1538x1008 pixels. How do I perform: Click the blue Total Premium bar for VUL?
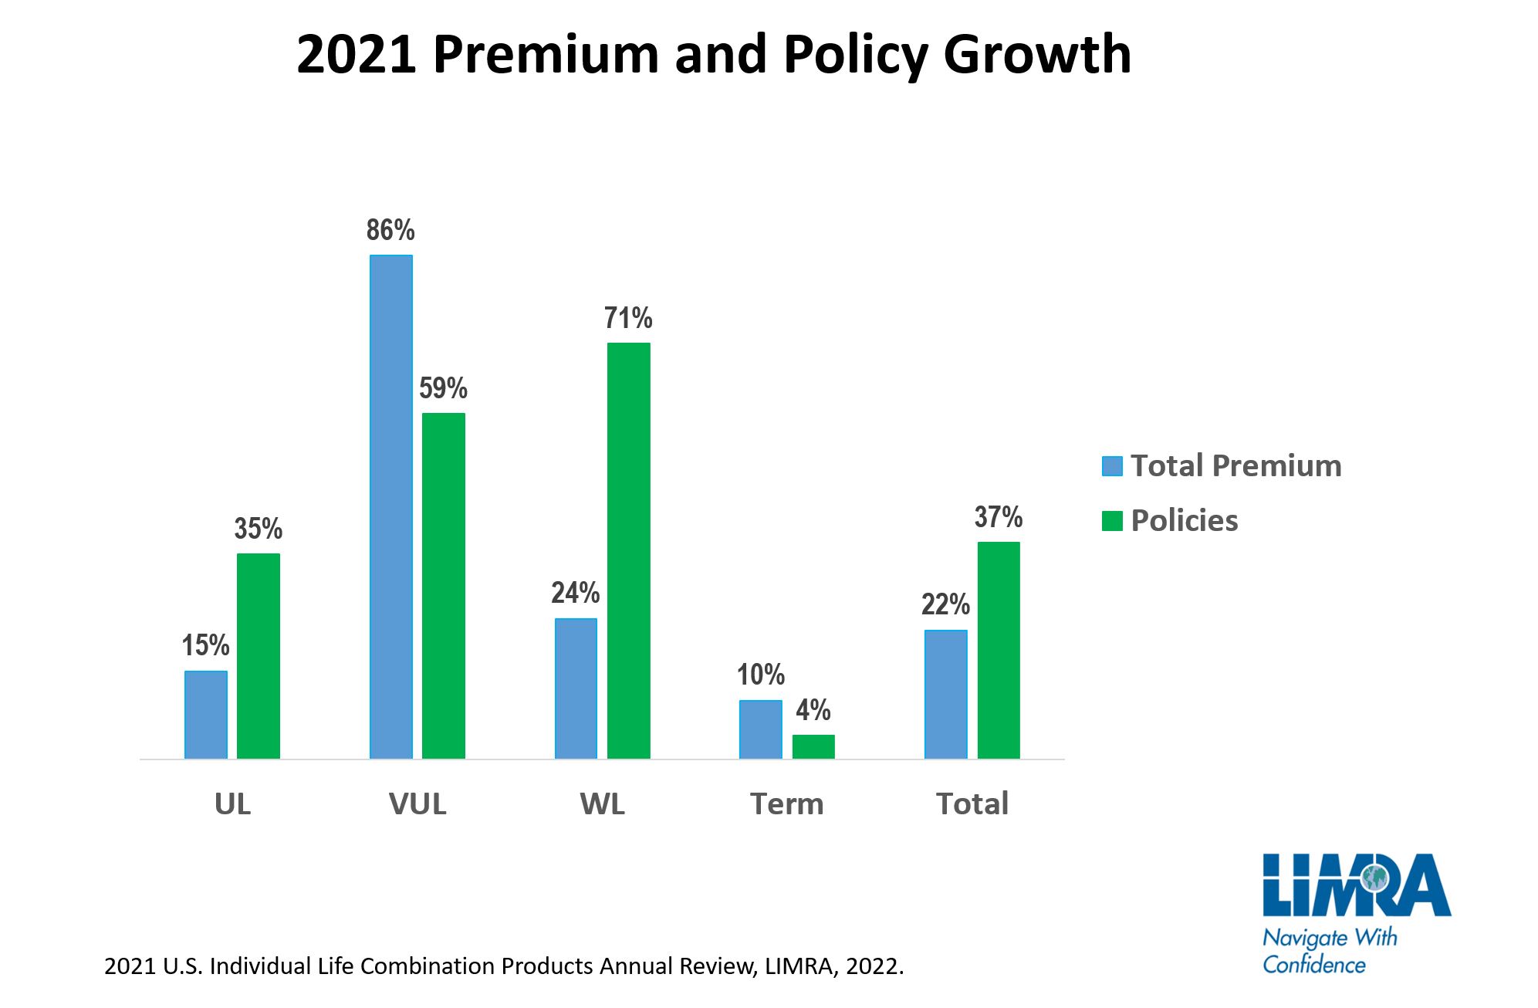(390, 506)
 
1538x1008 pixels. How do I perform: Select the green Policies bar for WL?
(628, 550)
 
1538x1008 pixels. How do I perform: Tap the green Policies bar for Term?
(813, 746)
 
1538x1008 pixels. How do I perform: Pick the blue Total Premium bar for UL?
(206, 715)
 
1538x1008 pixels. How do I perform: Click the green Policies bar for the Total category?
(998, 650)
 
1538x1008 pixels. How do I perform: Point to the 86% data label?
(390, 230)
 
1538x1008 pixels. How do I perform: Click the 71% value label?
(628, 318)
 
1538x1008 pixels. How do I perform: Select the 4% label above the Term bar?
(813, 710)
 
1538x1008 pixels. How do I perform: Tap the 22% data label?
(945, 604)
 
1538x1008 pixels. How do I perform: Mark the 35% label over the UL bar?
(259, 529)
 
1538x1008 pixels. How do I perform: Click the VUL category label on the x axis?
(417, 804)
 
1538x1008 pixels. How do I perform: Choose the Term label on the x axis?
(787, 804)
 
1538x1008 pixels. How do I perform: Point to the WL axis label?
(602, 804)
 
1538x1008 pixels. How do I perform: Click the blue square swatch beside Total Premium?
(1112, 466)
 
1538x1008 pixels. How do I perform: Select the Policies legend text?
(1184, 521)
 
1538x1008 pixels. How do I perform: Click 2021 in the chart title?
(357, 56)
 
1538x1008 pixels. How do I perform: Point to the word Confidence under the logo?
(1313, 965)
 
